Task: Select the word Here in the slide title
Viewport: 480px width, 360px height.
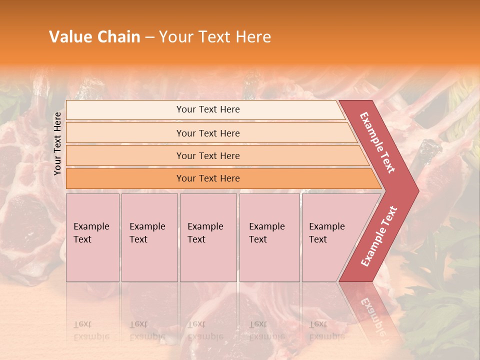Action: pyautogui.click(x=253, y=37)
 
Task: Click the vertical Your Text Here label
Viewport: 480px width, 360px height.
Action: pyautogui.click(x=57, y=143)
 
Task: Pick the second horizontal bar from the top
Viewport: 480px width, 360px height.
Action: pyautogui.click(x=207, y=133)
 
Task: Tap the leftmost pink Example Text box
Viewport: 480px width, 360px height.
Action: pyautogui.click(x=92, y=237)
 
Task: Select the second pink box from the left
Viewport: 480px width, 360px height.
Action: pyautogui.click(x=149, y=237)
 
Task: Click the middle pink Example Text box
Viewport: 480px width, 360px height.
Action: pyautogui.click(x=208, y=237)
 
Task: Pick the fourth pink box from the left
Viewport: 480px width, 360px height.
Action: pyautogui.click(x=269, y=237)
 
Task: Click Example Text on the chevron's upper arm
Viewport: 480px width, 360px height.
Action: pyautogui.click(x=377, y=142)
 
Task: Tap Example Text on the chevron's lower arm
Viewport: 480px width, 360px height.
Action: pyautogui.click(x=379, y=236)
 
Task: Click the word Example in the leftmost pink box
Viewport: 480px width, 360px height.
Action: pyautogui.click(x=91, y=226)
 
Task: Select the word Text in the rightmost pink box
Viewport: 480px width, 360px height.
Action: pyautogui.click(x=318, y=239)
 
